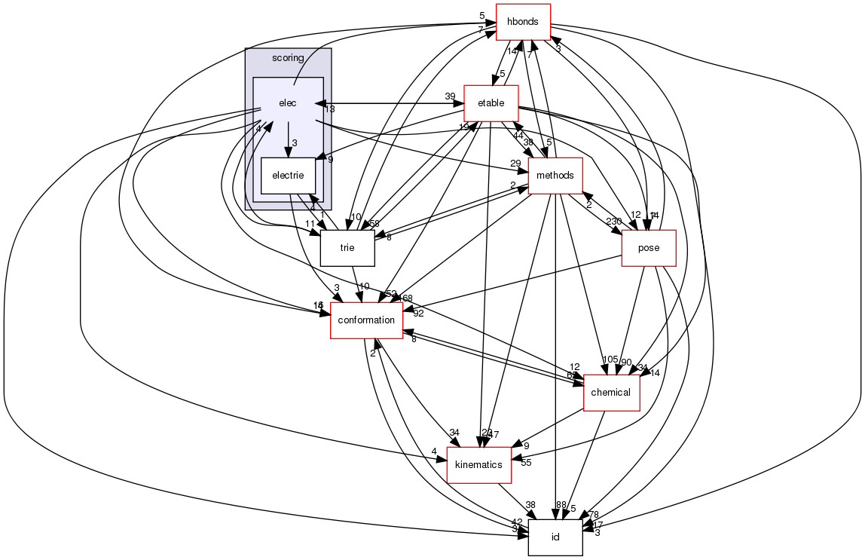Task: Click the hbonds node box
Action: [x=523, y=22]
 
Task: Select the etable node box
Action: [x=491, y=103]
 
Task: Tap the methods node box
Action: [x=556, y=176]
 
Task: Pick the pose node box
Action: [x=648, y=248]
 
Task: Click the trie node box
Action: [x=347, y=248]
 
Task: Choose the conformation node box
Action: [x=366, y=320]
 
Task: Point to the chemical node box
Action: [x=611, y=393]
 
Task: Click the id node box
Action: [x=555, y=537]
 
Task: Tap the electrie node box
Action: [x=288, y=176]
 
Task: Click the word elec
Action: [x=287, y=103]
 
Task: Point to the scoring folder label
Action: [x=288, y=58]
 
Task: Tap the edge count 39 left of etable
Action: [x=451, y=96]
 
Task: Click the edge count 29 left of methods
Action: [x=515, y=164]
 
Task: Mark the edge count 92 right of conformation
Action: [x=419, y=314]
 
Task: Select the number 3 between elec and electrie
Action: [x=295, y=143]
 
